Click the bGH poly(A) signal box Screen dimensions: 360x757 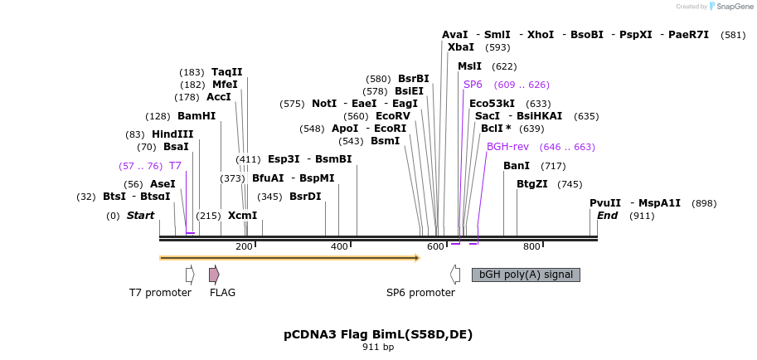pos(526,275)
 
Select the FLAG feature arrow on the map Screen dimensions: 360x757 pos(214,275)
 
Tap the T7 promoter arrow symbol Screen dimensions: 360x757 pos(190,275)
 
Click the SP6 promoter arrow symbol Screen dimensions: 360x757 pos(455,275)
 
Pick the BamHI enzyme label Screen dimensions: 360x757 pos(197,116)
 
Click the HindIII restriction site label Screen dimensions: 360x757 pos(172,134)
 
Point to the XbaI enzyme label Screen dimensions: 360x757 pos(461,48)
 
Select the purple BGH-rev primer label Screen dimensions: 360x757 pos(507,147)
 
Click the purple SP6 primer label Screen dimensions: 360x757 pos(473,85)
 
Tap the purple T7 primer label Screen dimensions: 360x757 pos(175,166)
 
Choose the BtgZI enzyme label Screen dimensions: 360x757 pos(532,184)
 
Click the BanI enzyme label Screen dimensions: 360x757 pos(517,166)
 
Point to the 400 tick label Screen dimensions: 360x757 pos(339,246)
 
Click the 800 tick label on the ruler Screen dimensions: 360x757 pos(531,246)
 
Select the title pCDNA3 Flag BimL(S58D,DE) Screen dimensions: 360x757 pos(378,334)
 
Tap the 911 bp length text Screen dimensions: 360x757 pos(378,348)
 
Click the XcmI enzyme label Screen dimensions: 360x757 pos(243,216)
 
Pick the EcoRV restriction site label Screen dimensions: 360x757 pos(393,116)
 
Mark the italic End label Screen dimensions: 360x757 pos(607,216)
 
